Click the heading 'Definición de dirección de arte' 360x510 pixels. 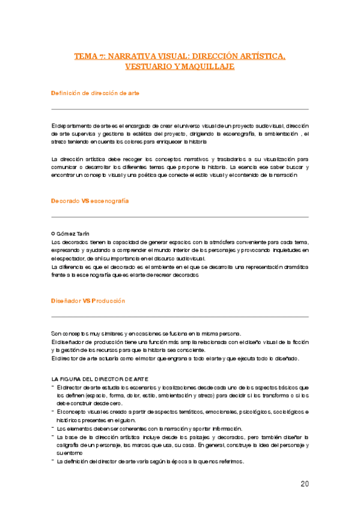(x=96, y=93)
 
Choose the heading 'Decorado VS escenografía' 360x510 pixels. (x=90, y=200)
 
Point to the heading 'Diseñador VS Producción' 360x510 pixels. (x=88, y=300)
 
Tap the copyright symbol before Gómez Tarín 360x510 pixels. (x=53, y=233)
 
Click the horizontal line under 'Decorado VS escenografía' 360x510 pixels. (x=180, y=217)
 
